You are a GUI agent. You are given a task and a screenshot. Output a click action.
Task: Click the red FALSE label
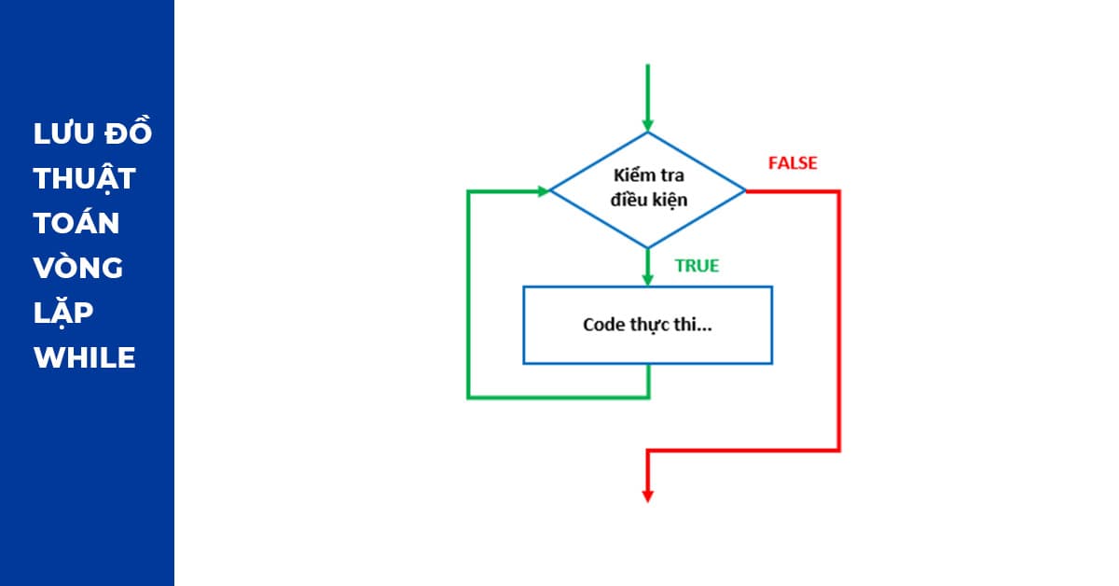(x=792, y=163)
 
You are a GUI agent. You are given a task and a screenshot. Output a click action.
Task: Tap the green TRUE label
(x=697, y=266)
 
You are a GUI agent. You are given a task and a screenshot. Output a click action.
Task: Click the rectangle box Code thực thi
(x=647, y=325)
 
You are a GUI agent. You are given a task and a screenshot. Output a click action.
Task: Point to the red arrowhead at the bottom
(x=647, y=495)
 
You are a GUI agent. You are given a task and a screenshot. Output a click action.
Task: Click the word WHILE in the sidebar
(x=85, y=357)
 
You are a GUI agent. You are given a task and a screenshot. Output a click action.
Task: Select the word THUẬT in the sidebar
(x=85, y=178)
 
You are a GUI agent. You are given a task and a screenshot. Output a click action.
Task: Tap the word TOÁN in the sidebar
(x=76, y=223)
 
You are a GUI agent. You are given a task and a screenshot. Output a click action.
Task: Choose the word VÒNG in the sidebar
(x=78, y=268)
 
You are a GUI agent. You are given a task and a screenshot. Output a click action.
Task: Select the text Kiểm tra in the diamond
(x=647, y=175)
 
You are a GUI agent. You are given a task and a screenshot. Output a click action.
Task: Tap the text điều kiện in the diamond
(x=647, y=200)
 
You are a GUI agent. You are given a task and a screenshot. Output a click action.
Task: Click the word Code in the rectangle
(x=602, y=325)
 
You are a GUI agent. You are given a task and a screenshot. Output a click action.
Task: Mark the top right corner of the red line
(x=839, y=191)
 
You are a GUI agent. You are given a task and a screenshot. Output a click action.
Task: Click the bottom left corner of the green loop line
(x=468, y=398)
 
